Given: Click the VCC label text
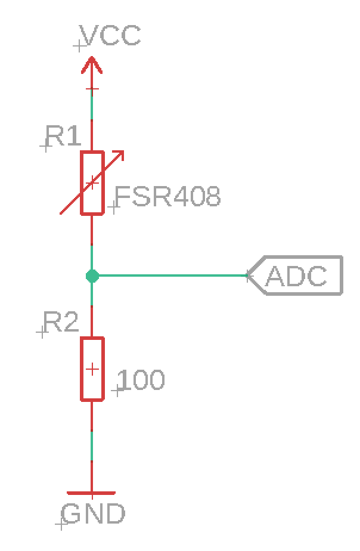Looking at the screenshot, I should point(111,35).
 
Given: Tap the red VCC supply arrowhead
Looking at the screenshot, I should point(92,63).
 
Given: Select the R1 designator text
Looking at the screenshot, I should point(63,137).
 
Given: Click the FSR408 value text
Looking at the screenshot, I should point(167,196).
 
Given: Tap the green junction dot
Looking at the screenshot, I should point(92,275).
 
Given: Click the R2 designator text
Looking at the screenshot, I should point(61,323).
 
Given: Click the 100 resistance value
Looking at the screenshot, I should point(142,380).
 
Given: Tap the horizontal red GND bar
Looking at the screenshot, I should point(91,493).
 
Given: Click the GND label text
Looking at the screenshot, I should point(94,513).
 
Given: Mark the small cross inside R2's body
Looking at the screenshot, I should point(92,369).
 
